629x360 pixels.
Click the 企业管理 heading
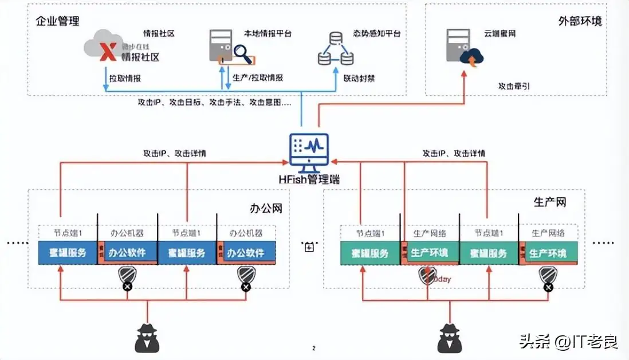[x=57, y=22]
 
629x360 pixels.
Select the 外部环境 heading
[x=580, y=22]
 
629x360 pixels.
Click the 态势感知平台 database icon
[x=336, y=49]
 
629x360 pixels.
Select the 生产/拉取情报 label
[x=258, y=78]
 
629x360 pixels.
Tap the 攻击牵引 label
[x=514, y=86]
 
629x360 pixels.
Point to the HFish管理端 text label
[x=309, y=179]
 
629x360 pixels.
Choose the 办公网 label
[x=266, y=208]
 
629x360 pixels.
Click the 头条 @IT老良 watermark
[x=568, y=342]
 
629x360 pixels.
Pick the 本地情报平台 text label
[x=268, y=34]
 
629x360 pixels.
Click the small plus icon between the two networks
[x=309, y=247]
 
